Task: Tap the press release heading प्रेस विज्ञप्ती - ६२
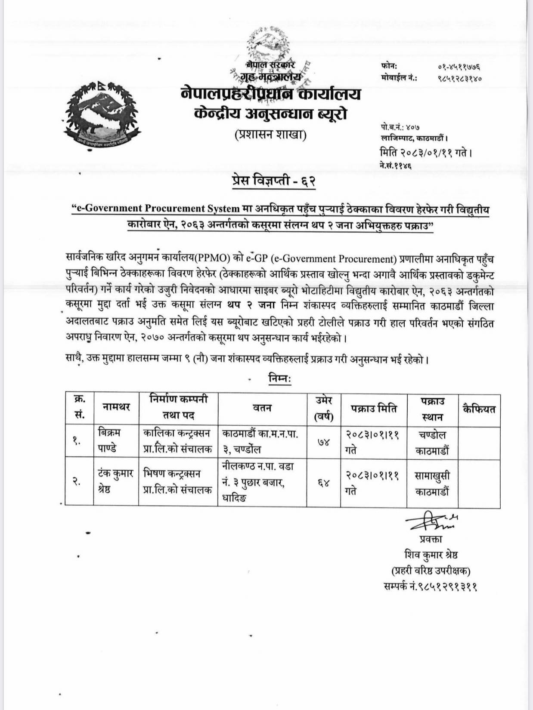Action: point(273,181)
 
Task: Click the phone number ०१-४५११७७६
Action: point(459,67)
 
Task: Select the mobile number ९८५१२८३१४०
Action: point(459,78)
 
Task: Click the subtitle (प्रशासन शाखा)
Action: point(270,135)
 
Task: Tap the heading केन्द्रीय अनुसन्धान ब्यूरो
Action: point(270,114)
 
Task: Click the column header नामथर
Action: point(116,407)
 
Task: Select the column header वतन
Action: point(262,407)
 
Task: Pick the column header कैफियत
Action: point(479,409)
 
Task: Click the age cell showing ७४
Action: point(323,442)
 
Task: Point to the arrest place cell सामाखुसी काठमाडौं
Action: point(432,483)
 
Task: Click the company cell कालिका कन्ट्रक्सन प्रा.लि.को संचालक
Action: point(178,441)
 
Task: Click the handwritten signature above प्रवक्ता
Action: point(431,520)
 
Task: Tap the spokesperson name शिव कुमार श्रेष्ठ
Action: point(431,555)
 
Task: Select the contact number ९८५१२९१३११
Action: point(430,587)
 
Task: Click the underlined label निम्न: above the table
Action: point(280,379)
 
